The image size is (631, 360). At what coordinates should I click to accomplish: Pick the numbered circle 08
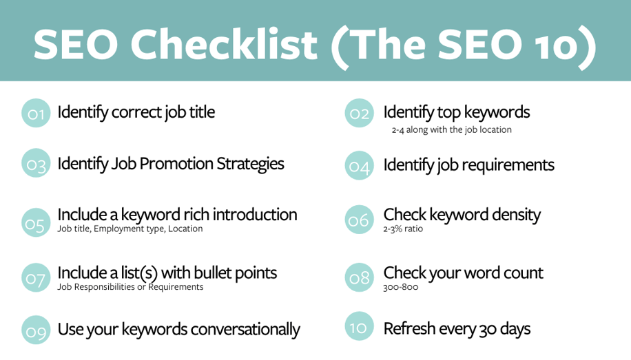pos(359,277)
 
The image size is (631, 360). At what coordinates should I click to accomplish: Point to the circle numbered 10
pos(359,327)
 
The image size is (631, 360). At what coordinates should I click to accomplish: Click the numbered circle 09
pos(37,330)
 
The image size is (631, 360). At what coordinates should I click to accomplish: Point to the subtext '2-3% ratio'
pos(403,229)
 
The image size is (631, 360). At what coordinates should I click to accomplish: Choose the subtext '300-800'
pos(400,287)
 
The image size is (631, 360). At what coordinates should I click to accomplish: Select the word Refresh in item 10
pos(411,329)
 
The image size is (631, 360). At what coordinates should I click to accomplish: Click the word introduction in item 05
pos(255,214)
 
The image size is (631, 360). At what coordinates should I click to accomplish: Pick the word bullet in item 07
pos(206,273)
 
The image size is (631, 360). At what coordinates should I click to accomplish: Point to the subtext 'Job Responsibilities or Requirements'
pos(130,287)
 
